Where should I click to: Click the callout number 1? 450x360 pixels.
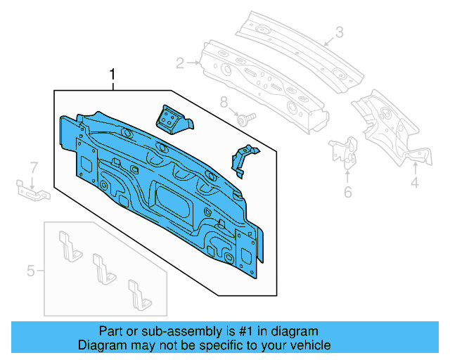pyautogui.click(x=110, y=74)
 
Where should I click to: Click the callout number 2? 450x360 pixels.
pyautogui.click(x=180, y=64)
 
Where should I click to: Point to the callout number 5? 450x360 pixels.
pyautogui.click(x=31, y=269)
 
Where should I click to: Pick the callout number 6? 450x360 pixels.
pyautogui.click(x=347, y=192)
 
